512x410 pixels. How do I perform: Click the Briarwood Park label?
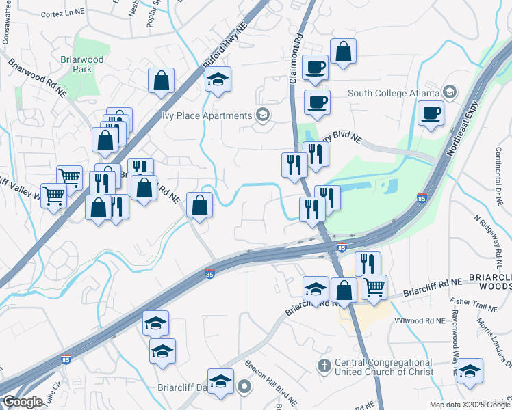pos(86,64)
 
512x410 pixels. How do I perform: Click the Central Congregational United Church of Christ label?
pos(383,367)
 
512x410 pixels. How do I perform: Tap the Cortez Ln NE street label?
pos(62,13)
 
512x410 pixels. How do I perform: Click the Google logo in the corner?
pos(22,402)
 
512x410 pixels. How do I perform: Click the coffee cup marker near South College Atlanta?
pos(431,113)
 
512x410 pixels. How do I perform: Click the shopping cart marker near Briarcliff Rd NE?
pos(374,287)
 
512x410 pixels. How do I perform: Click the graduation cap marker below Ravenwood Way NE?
pos(470,372)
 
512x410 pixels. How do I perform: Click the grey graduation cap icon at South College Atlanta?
pos(450,92)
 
